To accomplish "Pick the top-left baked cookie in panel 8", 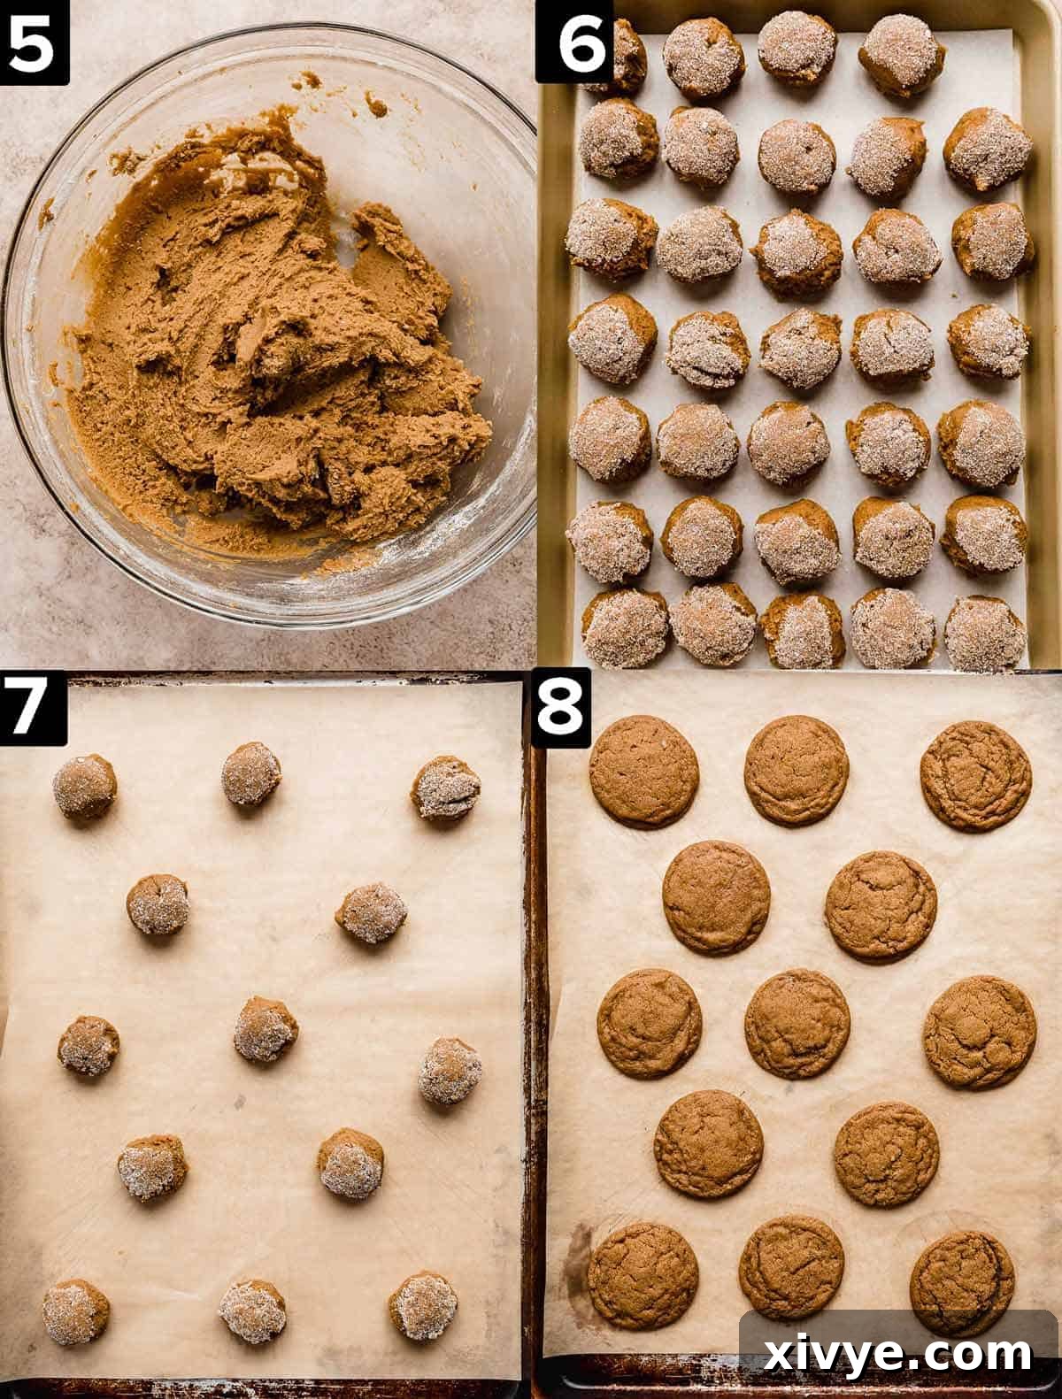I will (643, 770).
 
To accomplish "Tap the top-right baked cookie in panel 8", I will (975, 776).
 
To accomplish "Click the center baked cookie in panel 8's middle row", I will (796, 1023).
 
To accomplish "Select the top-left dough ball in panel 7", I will (84, 786).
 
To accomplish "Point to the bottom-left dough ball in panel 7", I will (76, 1311).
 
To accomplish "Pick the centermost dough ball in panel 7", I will (265, 1028).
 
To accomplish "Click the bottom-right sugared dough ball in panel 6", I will (985, 633).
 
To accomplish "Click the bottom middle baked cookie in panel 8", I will (791, 1266).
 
